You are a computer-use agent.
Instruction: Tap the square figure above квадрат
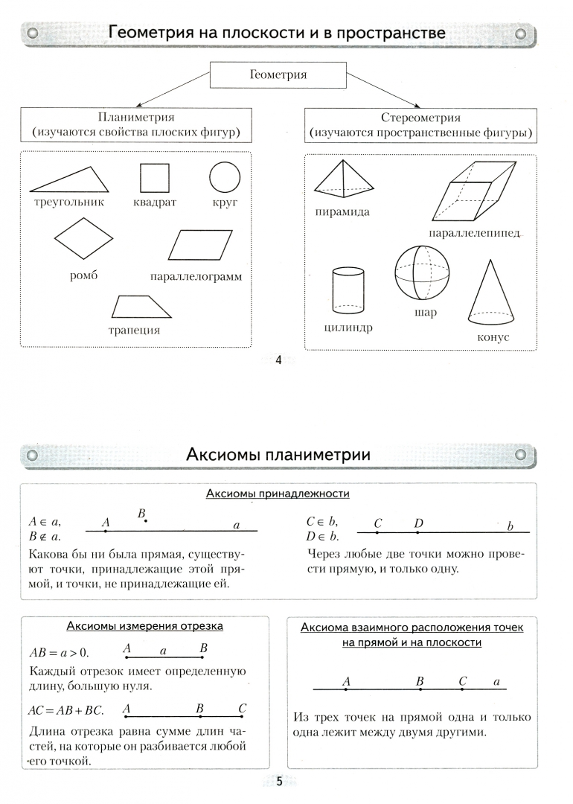pyautogui.click(x=155, y=178)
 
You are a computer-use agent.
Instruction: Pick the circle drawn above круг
pyautogui.click(x=225, y=178)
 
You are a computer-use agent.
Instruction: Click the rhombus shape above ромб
pyautogui.click(x=83, y=240)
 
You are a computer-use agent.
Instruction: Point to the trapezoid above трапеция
pyautogui.click(x=137, y=307)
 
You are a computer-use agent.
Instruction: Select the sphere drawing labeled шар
pyautogui.click(x=423, y=272)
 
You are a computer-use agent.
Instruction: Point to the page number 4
pyautogui.click(x=279, y=362)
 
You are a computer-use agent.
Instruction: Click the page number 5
pyautogui.click(x=279, y=781)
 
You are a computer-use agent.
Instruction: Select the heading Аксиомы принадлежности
pyautogui.click(x=278, y=494)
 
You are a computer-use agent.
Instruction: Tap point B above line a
pyautogui.click(x=145, y=520)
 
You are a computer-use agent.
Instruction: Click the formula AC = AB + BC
pyautogui.click(x=65, y=711)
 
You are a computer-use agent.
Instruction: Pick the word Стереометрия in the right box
pyautogui.click(x=420, y=117)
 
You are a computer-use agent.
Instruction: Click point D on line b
pyautogui.click(x=417, y=532)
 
